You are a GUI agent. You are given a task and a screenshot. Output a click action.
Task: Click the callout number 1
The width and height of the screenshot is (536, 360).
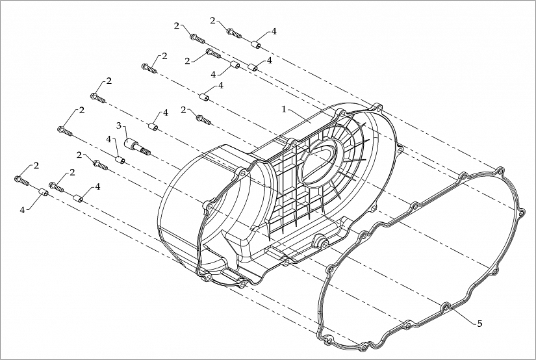tap(283, 109)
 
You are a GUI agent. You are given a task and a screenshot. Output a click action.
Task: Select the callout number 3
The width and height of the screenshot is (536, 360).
tap(119, 125)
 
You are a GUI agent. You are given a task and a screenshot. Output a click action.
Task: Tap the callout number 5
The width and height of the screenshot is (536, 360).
tap(479, 323)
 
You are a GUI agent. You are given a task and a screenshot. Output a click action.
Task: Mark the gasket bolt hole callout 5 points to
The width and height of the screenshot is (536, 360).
tap(446, 306)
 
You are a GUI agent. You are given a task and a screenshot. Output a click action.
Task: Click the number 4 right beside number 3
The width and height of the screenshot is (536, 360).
tap(109, 139)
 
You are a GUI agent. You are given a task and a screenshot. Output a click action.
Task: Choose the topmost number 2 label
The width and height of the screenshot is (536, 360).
tap(212, 21)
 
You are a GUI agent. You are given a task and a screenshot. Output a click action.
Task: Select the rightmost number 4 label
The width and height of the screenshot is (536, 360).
tap(274, 31)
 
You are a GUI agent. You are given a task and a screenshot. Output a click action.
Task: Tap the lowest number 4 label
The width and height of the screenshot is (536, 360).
tap(22, 210)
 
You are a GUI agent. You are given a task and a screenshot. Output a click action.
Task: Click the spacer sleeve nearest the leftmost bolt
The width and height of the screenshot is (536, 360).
tap(43, 192)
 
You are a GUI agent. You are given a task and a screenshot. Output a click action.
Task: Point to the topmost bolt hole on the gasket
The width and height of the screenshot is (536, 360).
tap(500, 170)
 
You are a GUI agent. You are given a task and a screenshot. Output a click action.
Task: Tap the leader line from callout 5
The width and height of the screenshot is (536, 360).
tap(462, 314)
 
